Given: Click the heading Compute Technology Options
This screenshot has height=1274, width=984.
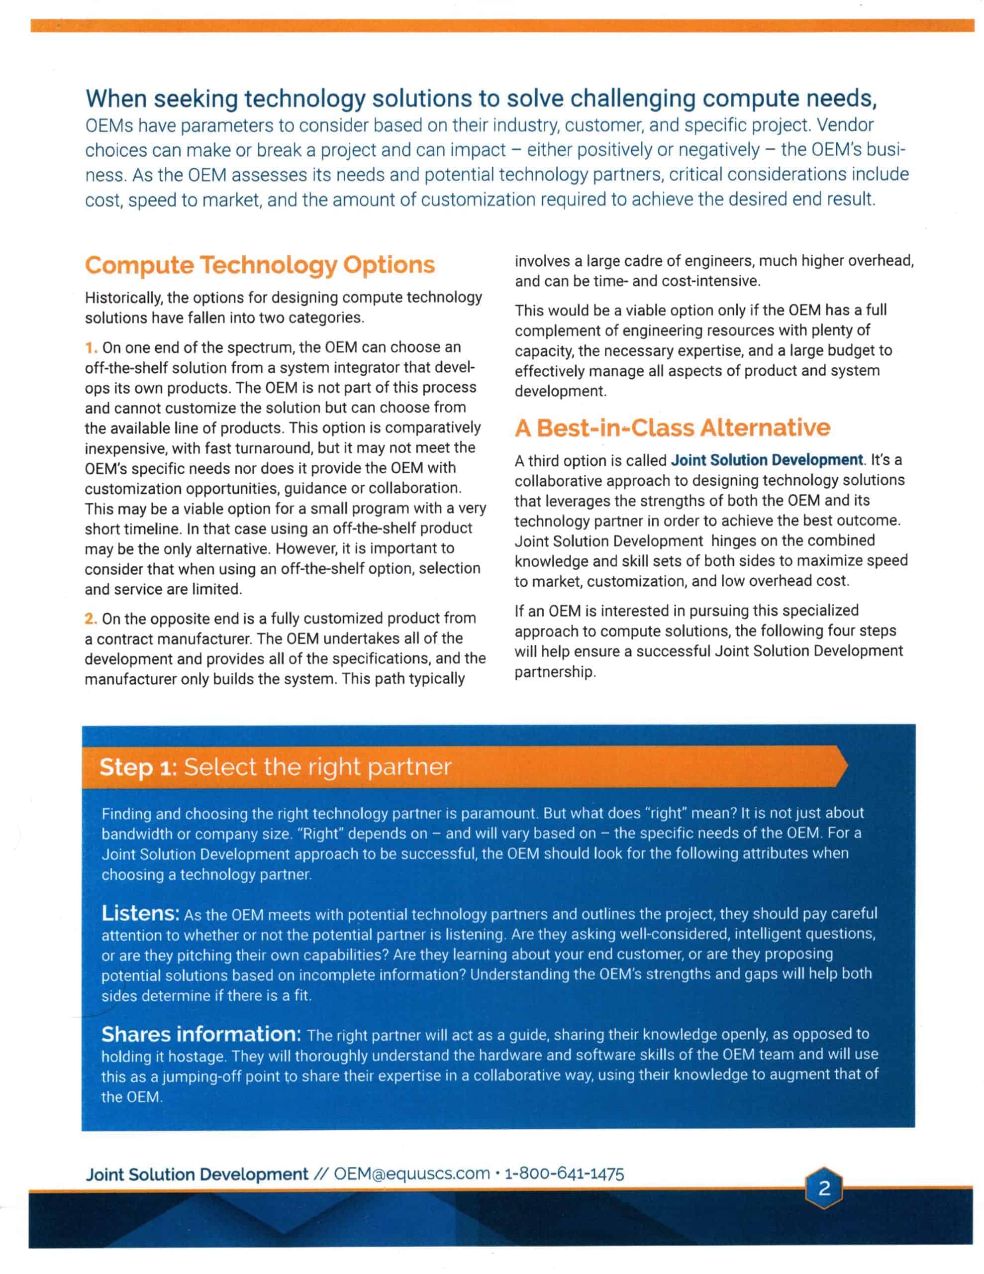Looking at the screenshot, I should pyautogui.click(x=260, y=265).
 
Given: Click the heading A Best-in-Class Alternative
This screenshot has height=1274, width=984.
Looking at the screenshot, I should pyautogui.click(x=672, y=427).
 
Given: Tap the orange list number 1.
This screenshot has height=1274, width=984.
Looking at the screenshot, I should pyautogui.click(x=91, y=348).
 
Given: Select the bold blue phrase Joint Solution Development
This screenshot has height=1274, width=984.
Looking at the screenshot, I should pyautogui.click(x=767, y=460).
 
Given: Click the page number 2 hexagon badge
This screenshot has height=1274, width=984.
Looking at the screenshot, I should pyautogui.click(x=824, y=1188).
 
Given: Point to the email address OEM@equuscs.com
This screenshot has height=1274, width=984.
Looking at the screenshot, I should pyautogui.click(x=411, y=1173).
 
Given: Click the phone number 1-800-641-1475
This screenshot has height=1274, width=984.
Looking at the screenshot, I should pyautogui.click(x=564, y=1173).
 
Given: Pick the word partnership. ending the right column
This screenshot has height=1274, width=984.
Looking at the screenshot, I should pyautogui.click(x=555, y=672).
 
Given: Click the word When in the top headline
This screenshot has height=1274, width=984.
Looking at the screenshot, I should pyautogui.click(x=116, y=99).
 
